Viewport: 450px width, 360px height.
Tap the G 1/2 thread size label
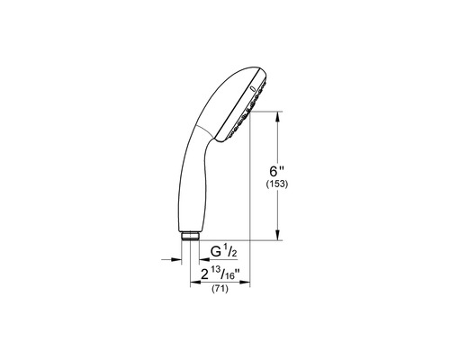pos(224,251)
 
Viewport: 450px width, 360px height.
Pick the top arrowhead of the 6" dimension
pos(277,114)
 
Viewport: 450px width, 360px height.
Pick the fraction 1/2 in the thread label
pos(230,251)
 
